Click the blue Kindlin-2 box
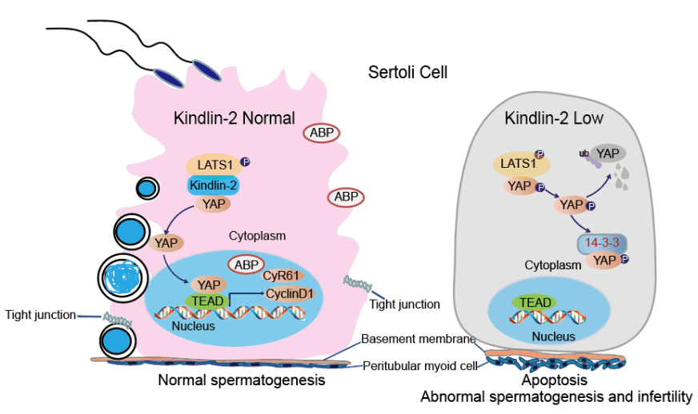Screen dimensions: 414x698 (212, 185)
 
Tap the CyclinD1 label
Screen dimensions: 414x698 (290, 294)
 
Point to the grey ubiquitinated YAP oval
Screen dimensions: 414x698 (608, 155)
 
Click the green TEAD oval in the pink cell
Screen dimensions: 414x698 (208, 301)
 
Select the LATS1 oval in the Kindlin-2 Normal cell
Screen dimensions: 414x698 (213, 165)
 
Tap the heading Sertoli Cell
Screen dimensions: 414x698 (407, 73)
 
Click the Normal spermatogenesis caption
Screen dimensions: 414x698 (241, 380)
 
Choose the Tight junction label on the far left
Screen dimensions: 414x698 (40, 314)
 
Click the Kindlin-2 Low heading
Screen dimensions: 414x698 (553, 118)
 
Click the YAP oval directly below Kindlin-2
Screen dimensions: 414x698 (213, 204)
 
